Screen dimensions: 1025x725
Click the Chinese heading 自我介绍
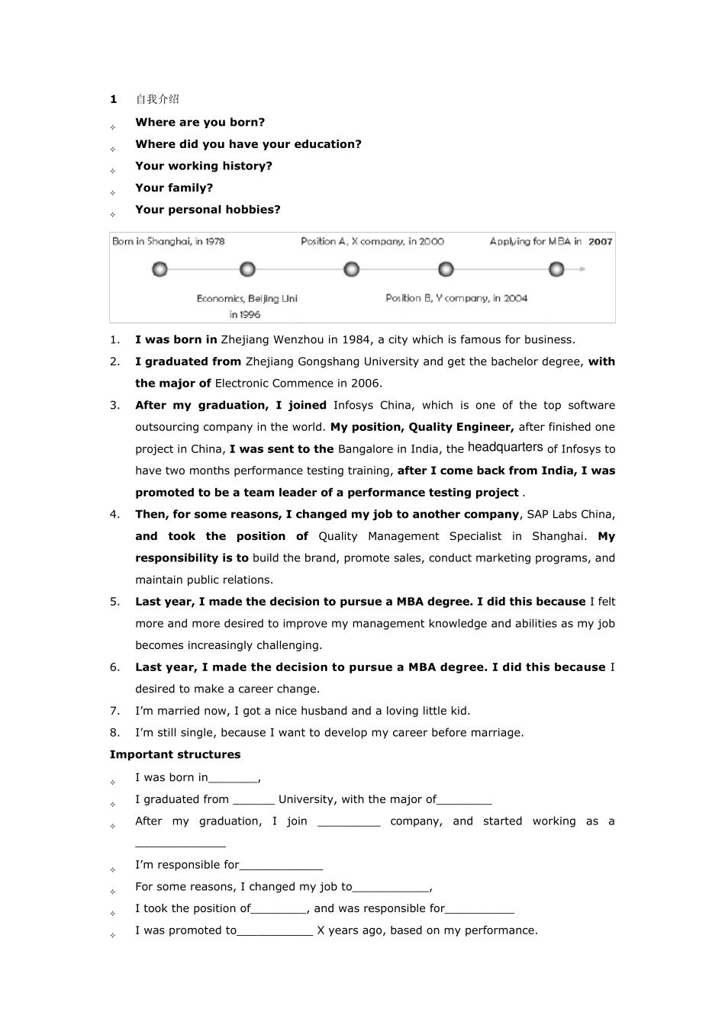coord(157,99)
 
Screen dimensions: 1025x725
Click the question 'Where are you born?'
coord(200,122)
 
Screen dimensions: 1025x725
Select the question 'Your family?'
coord(174,188)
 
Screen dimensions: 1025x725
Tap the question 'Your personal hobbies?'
coord(208,210)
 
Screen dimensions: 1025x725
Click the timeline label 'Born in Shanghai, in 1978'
coord(169,242)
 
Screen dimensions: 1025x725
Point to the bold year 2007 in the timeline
coord(601,242)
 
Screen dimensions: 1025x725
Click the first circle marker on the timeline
coord(159,269)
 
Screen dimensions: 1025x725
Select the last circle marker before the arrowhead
coord(556,269)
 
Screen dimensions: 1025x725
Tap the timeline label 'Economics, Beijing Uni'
coord(246,299)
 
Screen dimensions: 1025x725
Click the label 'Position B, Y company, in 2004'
coord(456,298)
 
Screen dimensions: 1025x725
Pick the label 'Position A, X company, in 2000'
coord(372,242)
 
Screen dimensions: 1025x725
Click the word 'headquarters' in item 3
coord(505,448)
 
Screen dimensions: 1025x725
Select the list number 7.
coord(114,711)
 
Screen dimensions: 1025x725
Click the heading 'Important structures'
coord(175,754)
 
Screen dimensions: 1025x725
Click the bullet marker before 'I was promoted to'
coord(112,935)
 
